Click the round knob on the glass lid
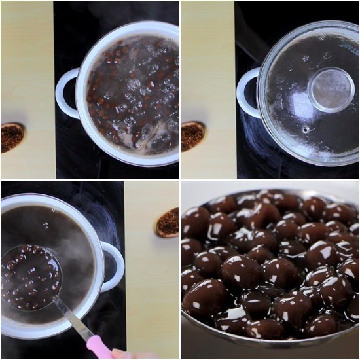[331, 90]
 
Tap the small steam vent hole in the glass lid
[306, 129]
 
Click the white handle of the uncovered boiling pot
[67, 93]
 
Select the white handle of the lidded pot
[248, 93]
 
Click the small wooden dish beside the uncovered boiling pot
[11, 136]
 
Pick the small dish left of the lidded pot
[192, 135]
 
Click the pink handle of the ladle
[99, 348]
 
